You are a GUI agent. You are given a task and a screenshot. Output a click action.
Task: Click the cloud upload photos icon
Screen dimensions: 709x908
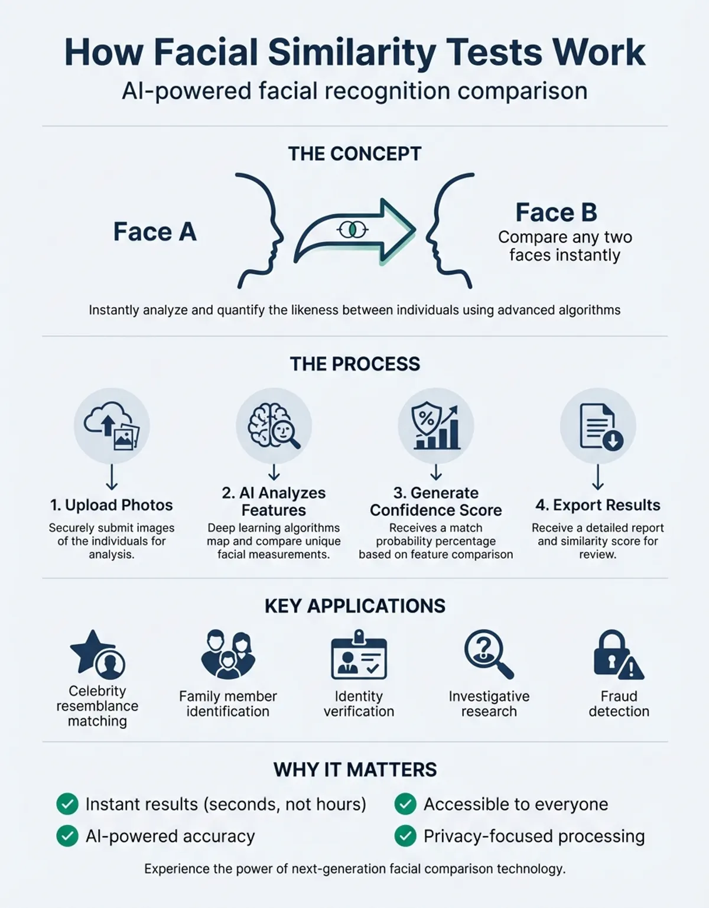tap(112, 425)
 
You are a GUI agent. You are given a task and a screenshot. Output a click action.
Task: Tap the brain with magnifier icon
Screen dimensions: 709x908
tap(274, 425)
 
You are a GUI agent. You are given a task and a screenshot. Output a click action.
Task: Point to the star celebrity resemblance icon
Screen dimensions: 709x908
tap(97, 655)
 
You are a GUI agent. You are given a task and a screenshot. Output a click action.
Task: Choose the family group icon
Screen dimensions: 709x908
tap(228, 655)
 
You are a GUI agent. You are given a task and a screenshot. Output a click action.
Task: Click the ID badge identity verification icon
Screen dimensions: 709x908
tap(359, 655)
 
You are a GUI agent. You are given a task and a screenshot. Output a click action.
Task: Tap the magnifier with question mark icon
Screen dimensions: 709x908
tap(489, 655)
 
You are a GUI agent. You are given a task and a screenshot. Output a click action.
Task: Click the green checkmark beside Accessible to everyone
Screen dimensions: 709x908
tap(405, 804)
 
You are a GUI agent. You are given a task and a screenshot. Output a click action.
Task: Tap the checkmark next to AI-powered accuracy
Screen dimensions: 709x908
tap(67, 836)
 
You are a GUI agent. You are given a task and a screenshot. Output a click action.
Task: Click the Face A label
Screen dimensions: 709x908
tap(155, 232)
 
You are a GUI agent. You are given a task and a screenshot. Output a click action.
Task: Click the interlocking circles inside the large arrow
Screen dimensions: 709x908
tap(353, 229)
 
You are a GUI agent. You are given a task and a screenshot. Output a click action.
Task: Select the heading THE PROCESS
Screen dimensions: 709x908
tap(354, 364)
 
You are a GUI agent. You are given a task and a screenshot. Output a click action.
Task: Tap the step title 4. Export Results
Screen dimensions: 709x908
tap(598, 505)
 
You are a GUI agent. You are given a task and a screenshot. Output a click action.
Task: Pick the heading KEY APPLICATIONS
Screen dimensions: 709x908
tap(355, 606)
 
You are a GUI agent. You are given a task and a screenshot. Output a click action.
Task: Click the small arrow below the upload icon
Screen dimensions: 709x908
tap(112, 477)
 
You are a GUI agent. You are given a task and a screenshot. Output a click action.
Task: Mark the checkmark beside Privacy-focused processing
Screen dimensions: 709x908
tap(405, 836)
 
